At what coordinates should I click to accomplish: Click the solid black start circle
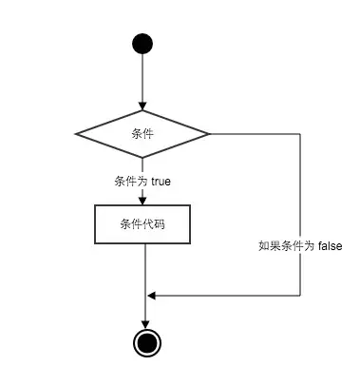point(142,44)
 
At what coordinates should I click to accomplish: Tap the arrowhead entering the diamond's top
point(142,106)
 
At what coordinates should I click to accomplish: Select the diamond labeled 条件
point(142,133)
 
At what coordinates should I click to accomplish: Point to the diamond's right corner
point(209,133)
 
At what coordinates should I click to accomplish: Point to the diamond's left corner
point(77,133)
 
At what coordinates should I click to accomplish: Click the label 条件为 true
point(142,180)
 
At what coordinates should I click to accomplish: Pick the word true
point(160,180)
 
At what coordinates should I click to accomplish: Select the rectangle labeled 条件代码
point(142,224)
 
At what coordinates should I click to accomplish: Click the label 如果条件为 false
point(299,245)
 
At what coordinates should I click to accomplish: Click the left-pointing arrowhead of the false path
point(151,295)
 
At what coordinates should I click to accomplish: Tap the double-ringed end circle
point(144,342)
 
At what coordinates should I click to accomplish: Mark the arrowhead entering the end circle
point(144,322)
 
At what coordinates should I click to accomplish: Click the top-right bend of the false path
point(300,133)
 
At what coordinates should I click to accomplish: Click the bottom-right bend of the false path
point(300,295)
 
